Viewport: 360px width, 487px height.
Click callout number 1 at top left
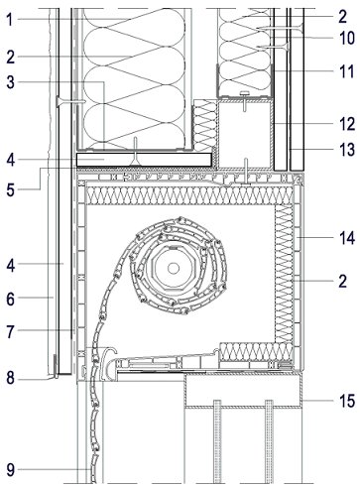(10, 19)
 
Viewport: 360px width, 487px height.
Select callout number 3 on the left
(11, 82)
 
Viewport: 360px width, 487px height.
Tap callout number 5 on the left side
(11, 189)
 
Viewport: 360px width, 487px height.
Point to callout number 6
(11, 299)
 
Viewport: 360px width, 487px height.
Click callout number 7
(11, 331)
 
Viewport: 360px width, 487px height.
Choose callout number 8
(11, 378)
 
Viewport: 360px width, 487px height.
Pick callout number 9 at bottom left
(11, 470)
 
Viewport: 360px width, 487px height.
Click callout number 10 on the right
(347, 38)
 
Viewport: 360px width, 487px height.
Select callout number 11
(347, 71)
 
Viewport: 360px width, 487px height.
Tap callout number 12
(347, 124)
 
